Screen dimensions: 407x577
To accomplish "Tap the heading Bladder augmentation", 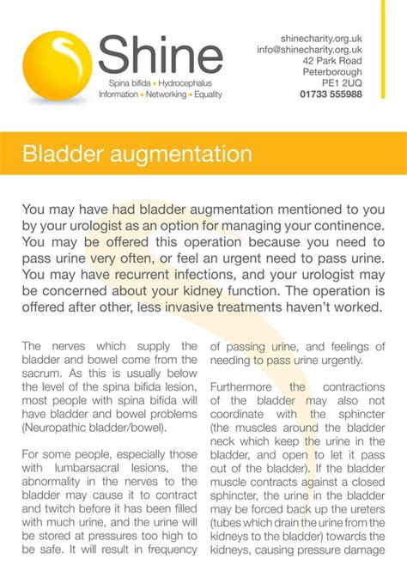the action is click(x=137, y=155).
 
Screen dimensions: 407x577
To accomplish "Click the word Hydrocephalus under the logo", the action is click(x=191, y=83).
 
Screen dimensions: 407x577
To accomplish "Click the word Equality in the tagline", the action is click(x=208, y=94).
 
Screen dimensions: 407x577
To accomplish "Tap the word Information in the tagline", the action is click(x=118, y=94).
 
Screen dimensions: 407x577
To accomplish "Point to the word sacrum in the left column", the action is click(x=40, y=374).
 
